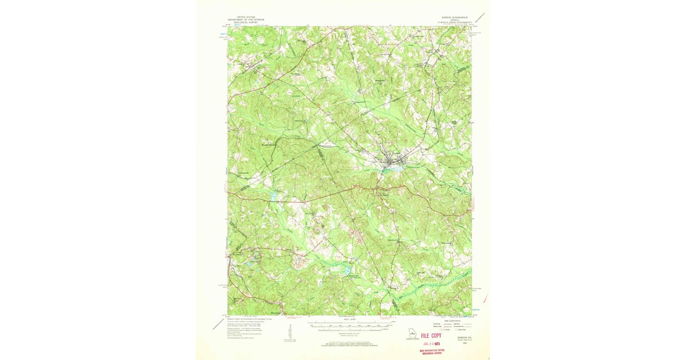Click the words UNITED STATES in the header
(249, 17)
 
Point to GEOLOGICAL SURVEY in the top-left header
(249, 22)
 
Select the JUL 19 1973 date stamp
(432, 344)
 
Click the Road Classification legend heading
(449, 320)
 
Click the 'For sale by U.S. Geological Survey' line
(349, 345)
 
